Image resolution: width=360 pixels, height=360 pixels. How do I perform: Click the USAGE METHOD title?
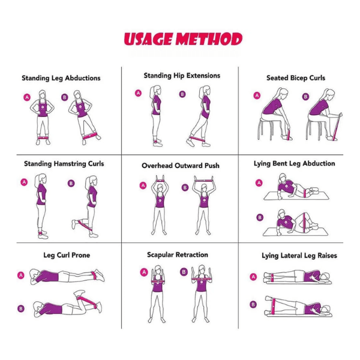coord(183,39)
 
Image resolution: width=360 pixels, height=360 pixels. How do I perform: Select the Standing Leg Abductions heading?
coord(61,78)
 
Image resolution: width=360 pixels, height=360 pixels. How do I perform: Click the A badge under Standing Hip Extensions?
coord(138,93)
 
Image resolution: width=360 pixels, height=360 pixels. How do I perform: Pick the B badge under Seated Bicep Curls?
coord(305,97)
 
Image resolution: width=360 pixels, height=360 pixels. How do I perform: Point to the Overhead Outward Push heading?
coord(181,166)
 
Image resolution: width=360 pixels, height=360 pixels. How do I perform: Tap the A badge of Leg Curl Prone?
coord(21,275)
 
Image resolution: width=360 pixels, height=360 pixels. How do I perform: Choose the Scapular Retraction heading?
coord(178,254)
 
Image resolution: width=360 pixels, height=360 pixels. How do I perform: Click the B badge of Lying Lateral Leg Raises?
coord(253,304)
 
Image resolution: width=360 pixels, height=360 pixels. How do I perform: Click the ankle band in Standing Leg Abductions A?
coord(43,138)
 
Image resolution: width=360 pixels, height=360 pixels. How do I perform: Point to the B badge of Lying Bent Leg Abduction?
coord(260,217)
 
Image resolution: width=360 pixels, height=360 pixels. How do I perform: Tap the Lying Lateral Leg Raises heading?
coord(299,256)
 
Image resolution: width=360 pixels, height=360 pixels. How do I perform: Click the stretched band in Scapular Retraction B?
coord(202,279)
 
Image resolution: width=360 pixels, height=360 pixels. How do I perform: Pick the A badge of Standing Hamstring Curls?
coord(24,182)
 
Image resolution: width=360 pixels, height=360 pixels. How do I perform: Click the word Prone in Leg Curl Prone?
coord(80,255)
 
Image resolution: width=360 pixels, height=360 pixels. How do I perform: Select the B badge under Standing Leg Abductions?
coord(65,97)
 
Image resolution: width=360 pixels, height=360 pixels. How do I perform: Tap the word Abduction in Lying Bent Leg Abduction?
coord(319,163)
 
